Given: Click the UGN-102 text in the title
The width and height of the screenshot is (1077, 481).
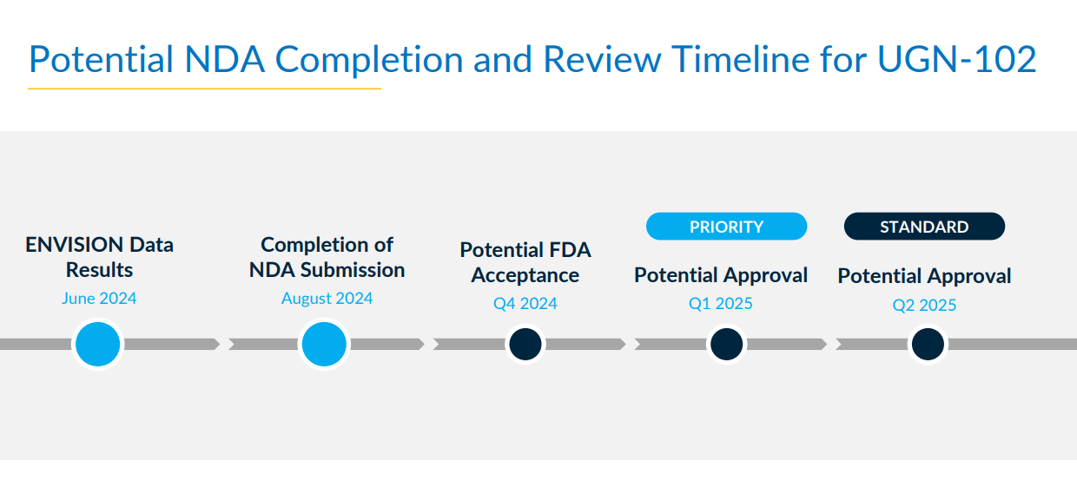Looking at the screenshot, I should pyautogui.click(x=956, y=60).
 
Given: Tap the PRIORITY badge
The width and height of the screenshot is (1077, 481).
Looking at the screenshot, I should pyautogui.click(x=726, y=227).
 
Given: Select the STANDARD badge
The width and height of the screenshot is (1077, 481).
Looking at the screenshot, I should pyautogui.click(x=924, y=227).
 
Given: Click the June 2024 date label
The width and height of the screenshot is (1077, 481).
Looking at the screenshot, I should pyautogui.click(x=99, y=299).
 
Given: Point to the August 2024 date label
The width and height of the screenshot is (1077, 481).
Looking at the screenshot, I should pyautogui.click(x=327, y=299).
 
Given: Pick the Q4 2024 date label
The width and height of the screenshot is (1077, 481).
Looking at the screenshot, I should pyautogui.click(x=525, y=304).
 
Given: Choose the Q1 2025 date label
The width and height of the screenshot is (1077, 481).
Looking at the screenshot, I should pyautogui.click(x=721, y=304).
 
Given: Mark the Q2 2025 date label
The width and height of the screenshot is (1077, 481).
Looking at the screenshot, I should pyautogui.click(x=924, y=305).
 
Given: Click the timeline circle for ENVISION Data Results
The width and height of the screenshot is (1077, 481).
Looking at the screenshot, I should pyautogui.click(x=98, y=344).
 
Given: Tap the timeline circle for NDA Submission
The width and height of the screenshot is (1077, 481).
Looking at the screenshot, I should pyautogui.click(x=324, y=344).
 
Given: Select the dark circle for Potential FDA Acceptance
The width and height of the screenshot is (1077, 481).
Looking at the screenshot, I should pyautogui.click(x=525, y=344).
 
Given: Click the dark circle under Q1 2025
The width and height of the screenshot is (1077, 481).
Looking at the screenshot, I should pyautogui.click(x=726, y=344).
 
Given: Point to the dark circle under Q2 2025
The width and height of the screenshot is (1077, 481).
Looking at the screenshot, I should pyautogui.click(x=927, y=344).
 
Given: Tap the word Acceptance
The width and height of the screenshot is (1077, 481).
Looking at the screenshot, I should pyautogui.click(x=525, y=275).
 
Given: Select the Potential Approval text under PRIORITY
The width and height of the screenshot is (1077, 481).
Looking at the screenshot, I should pyautogui.click(x=721, y=275).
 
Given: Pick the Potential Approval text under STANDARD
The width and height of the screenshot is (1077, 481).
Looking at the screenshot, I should pyautogui.click(x=924, y=276).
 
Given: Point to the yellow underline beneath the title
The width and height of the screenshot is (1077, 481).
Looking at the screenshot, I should pyautogui.click(x=204, y=89).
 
